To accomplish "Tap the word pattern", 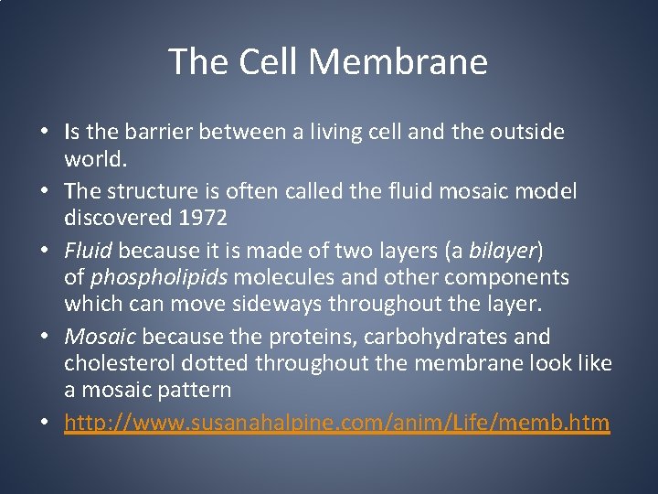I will pyautogui.click(x=198, y=389).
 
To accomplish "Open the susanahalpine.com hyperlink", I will pyautogui.click(x=336, y=423).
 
